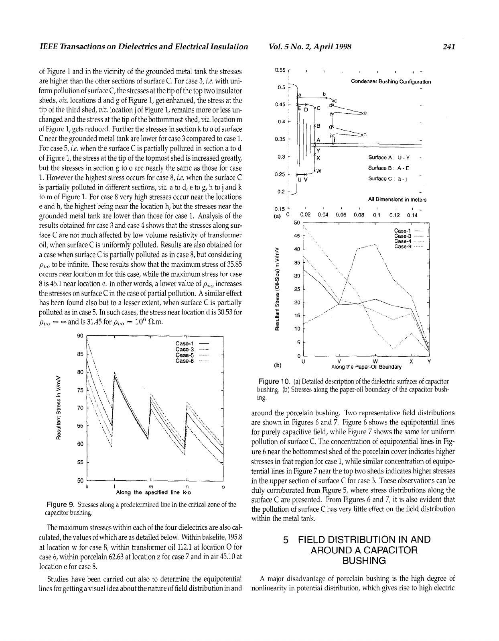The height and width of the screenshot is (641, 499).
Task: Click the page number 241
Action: click(448, 47)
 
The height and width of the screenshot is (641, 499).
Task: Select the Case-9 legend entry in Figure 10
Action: click(403, 247)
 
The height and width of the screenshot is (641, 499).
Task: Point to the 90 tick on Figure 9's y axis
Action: click(80, 336)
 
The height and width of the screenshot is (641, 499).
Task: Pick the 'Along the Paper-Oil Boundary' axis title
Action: click(366, 367)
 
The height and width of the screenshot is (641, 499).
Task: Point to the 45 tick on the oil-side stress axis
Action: click(297, 236)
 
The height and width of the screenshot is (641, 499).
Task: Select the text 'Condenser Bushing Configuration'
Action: click(391, 81)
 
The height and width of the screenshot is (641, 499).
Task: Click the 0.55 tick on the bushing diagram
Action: click(280, 71)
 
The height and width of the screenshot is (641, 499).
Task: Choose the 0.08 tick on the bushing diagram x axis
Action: click(359, 215)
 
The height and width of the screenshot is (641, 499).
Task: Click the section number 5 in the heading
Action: click(286, 540)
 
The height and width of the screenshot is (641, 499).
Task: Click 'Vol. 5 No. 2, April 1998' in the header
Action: click(310, 47)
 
